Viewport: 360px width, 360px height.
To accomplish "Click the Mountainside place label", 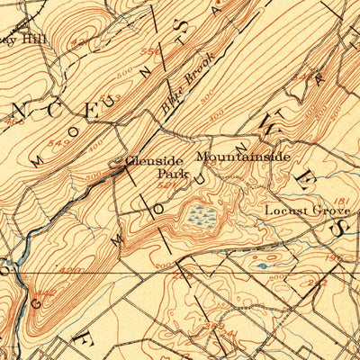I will point(243,157).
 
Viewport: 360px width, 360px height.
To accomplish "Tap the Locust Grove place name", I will point(299,210).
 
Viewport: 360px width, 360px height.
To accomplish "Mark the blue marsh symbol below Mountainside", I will point(202,215).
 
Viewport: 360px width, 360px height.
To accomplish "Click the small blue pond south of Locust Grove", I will point(262,265).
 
